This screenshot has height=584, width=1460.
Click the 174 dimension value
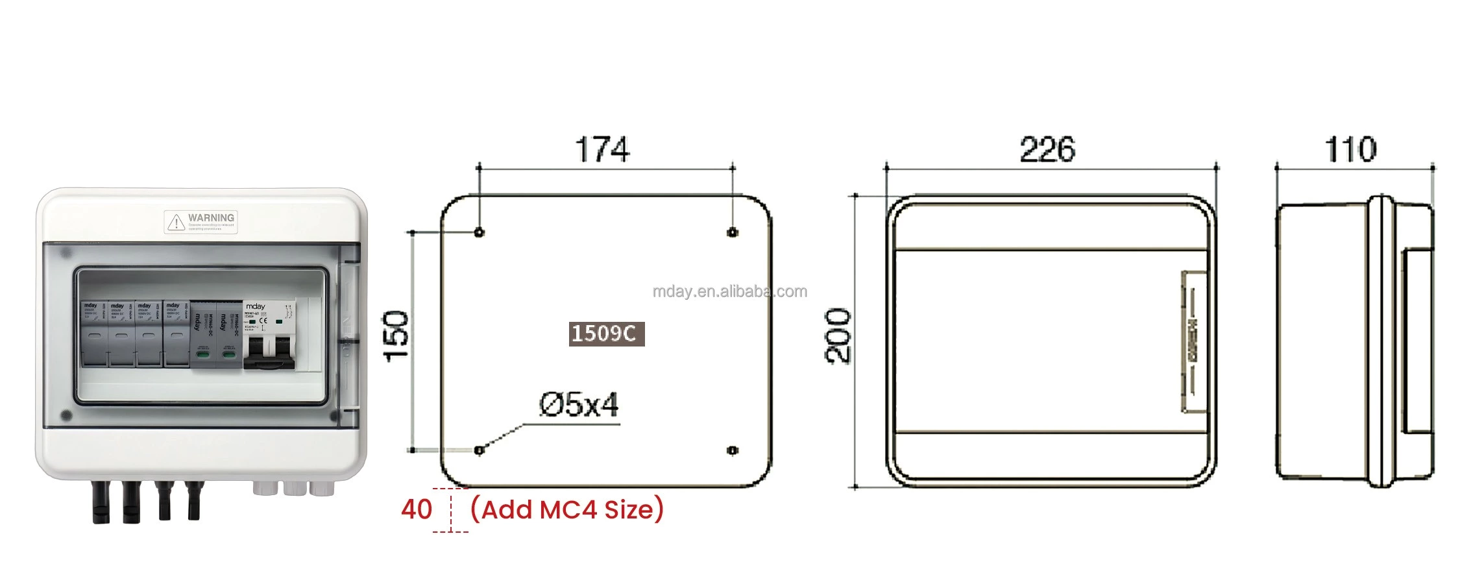602,150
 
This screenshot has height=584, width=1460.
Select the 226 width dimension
1047,150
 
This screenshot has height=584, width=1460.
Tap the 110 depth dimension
1350,150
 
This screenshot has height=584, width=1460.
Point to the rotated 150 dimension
396,336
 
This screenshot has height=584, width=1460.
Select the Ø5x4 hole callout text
579,406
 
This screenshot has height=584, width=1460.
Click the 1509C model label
606,334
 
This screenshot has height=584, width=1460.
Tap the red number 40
416,509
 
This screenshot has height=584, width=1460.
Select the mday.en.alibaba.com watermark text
729,291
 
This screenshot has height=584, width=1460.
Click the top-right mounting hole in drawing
733,232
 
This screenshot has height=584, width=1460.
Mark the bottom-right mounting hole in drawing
733,450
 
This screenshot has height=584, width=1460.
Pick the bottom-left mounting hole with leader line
480,450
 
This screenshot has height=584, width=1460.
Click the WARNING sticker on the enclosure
201,222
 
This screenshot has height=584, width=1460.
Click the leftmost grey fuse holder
94,334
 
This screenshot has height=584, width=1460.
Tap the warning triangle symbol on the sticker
176,223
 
